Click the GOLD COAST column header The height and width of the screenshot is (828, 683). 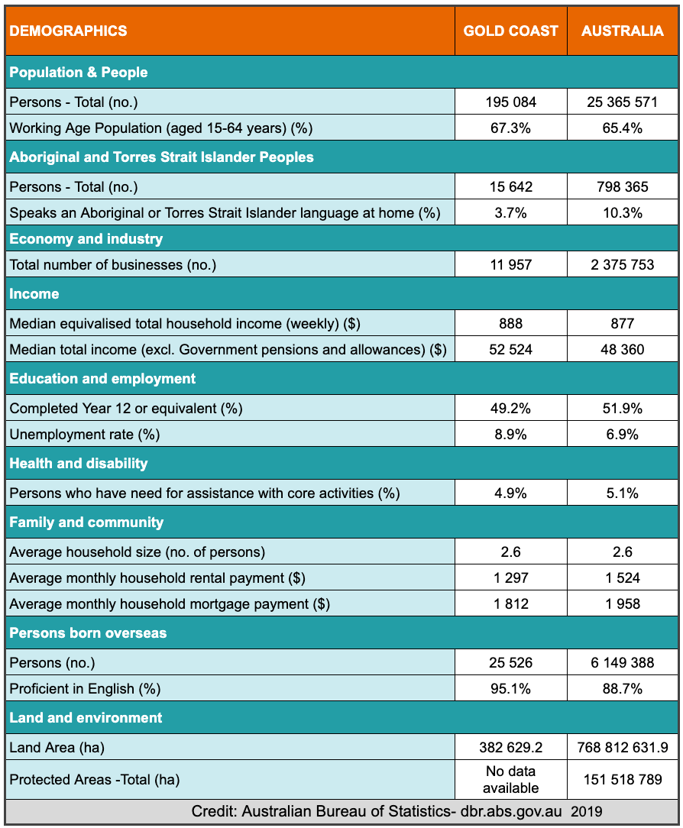510,31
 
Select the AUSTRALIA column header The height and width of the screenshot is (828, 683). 623,31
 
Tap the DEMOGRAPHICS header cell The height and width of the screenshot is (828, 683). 69,31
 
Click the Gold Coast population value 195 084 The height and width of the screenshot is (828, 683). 510,102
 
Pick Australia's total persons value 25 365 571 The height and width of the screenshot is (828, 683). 623,102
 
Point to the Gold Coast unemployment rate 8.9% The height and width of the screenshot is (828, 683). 510,435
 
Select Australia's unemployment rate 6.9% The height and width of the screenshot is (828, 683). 623,435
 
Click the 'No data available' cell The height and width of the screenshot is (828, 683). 510,779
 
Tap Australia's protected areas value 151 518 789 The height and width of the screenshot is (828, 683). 623,780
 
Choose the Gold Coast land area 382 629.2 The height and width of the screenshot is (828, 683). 510,747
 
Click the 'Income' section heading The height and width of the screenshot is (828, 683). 34,294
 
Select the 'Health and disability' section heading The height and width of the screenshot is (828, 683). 79,464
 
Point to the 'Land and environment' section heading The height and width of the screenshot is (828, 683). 86,718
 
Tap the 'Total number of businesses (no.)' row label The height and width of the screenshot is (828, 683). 113,265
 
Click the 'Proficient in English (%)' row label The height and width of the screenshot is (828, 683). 85,688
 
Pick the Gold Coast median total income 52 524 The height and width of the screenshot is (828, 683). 510,350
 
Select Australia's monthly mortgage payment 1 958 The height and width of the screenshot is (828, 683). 623,604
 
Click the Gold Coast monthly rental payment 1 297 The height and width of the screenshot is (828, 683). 510,578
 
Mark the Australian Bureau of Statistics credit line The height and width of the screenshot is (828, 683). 397,811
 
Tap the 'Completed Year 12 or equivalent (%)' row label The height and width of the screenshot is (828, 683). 126,409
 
